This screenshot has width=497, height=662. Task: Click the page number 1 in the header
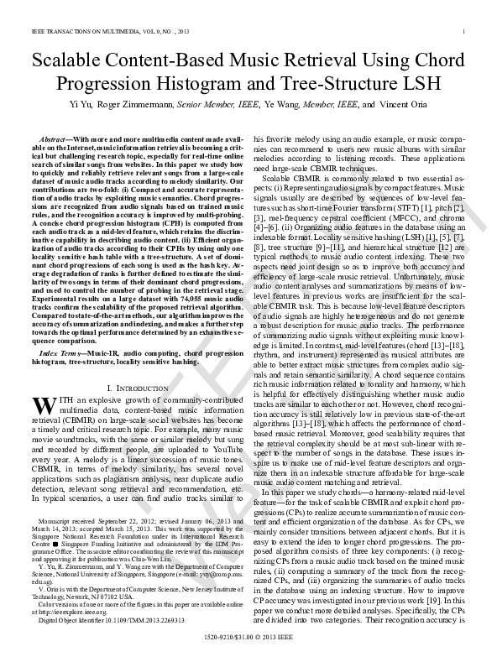[x=464, y=32]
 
